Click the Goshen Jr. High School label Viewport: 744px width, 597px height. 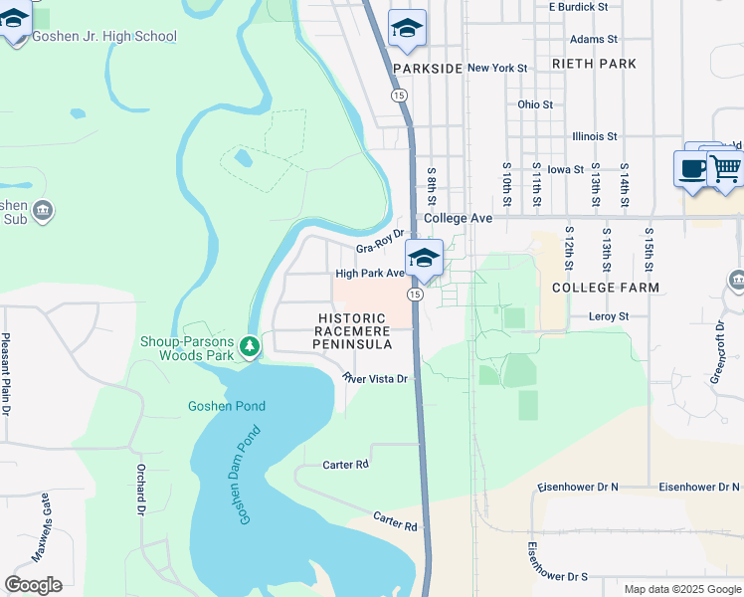pyautogui.click(x=104, y=37)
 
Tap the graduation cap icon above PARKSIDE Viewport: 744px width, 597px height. pyautogui.click(x=406, y=29)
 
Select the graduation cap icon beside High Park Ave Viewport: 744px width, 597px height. pyautogui.click(x=424, y=258)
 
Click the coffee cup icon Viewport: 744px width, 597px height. pyautogui.click(x=692, y=168)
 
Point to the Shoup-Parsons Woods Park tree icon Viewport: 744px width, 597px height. pyautogui.click(x=252, y=345)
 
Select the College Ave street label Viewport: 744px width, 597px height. pyautogui.click(x=459, y=218)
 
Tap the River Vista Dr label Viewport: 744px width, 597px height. pyautogui.click(x=376, y=378)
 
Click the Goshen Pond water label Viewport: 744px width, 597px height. pyautogui.click(x=225, y=406)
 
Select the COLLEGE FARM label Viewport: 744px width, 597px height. pyautogui.click(x=606, y=287)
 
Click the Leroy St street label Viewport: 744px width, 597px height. pyautogui.click(x=610, y=316)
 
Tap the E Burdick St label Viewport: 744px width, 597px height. pyautogui.click(x=578, y=7)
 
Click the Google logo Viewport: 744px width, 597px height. pyautogui.click(x=33, y=585)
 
